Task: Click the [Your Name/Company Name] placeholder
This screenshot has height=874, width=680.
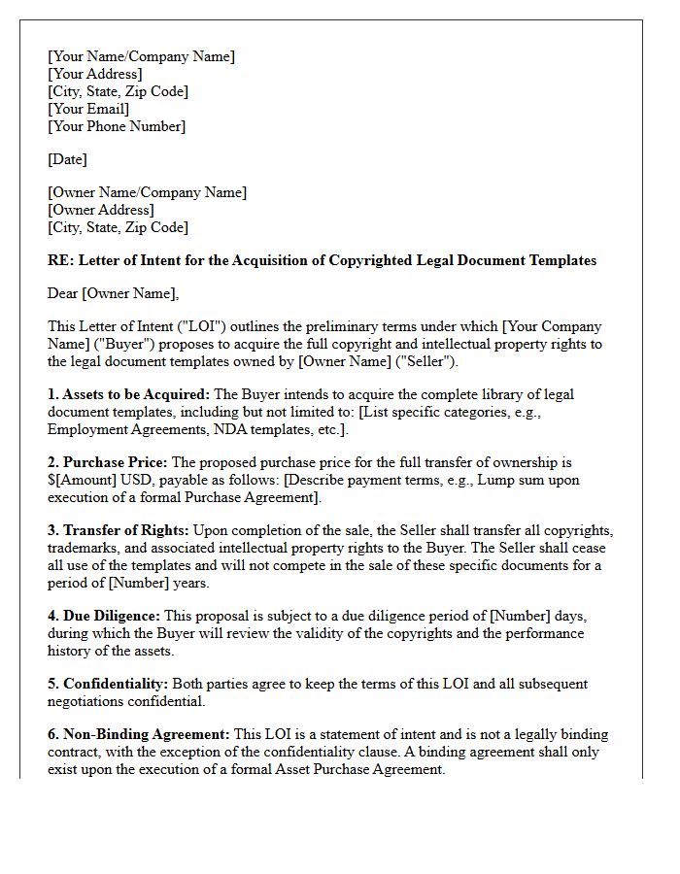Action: [141, 56]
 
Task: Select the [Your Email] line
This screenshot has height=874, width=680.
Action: [88, 109]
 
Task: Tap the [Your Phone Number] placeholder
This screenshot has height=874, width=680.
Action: [116, 126]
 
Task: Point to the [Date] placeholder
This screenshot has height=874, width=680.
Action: [67, 159]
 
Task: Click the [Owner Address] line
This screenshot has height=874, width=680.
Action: [100, 210]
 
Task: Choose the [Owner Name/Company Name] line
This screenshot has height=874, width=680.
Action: [147, 192]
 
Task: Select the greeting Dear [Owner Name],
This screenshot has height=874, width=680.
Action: [114, 293]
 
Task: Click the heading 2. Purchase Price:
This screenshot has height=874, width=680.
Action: [107, 462]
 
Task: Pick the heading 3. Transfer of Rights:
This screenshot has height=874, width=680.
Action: [119, 530]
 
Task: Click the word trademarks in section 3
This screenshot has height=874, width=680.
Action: [83, 548]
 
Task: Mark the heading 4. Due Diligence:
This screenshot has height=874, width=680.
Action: [104, 616]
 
